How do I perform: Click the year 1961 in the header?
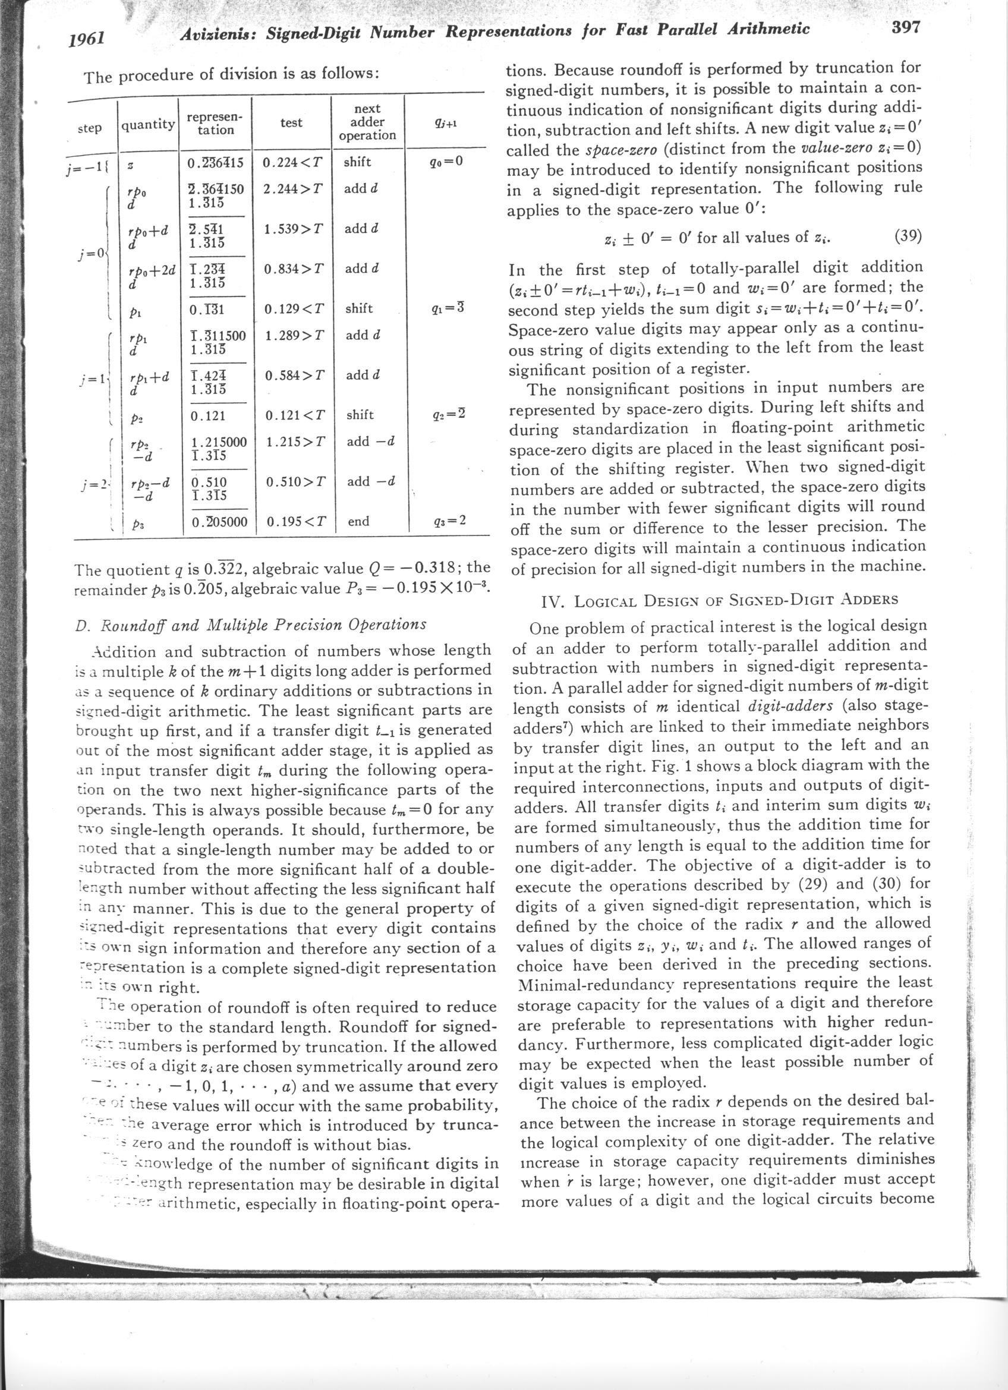(x=86, y=39)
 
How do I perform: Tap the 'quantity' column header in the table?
(x=147, y=124)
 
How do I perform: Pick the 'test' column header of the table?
(x=291, y=122)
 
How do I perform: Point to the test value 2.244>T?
(x=292, y=190)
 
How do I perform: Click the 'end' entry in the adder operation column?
(x=358, y=522)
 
